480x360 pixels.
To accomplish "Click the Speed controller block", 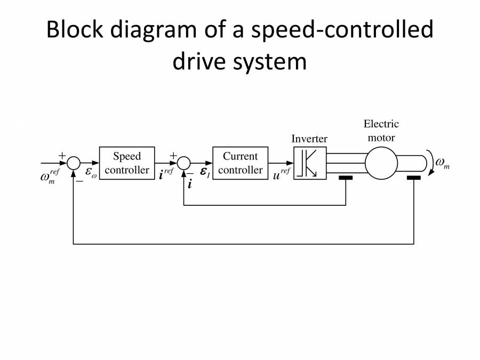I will (x=127, y=163).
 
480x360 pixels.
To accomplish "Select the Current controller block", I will (x=240, y=163).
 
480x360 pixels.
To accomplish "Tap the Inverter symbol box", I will (x=310, y=163).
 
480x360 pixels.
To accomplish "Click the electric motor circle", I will (x=381, y=162).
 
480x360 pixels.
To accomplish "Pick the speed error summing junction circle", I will (x=74, y=162).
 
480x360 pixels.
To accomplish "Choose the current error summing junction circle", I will (x=184, y=162).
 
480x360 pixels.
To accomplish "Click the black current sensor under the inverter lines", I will (x=345, y=178).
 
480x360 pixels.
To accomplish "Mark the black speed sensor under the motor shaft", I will (x=414, y=178).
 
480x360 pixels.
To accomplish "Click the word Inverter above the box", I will (x=309, y=139).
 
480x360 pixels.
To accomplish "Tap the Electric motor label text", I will (x=381, y=131).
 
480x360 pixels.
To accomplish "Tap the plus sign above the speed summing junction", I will (x=62, y=155).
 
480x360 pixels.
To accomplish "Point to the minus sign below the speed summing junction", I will (x=79, y=181).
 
